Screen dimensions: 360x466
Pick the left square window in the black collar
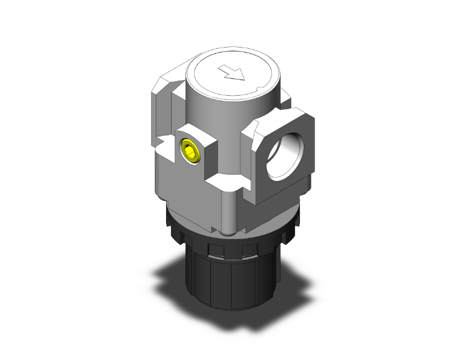215,251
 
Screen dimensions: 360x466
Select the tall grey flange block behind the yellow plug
164,125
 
